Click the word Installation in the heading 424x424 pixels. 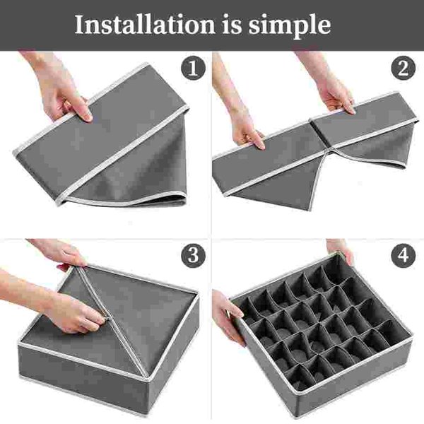[x=145, y=24]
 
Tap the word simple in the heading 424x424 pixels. [x=290, y=26]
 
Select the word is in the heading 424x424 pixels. [x=232, y=24]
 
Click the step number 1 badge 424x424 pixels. [x=193, y=68]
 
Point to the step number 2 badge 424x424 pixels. [x=403, y=68]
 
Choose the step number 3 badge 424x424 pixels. [x=193, y=255]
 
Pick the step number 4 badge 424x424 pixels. [x=403, y=255]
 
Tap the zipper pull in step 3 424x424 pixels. [x=107, y=319]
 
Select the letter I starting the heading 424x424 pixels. [x=78, y=24]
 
